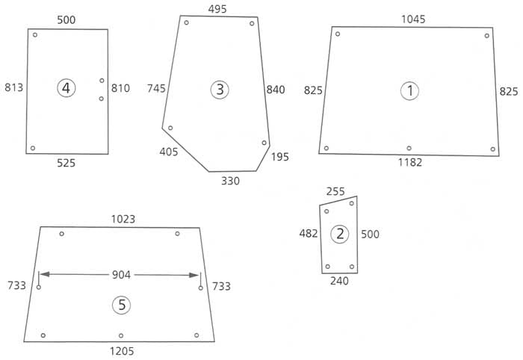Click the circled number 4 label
(x=66, y=88)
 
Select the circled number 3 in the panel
(x=220, y=90)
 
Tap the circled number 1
(x=409, y=90)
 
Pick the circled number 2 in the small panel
(x=339, y=234)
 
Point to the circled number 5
(x=121, y=305)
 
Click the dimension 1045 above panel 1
(x=413, y=19)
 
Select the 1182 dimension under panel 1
(x=410, y=162)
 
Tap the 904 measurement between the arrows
(x=121, y=275)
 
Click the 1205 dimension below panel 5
(x=122, y=351)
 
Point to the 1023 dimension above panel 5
(x=123, y=219)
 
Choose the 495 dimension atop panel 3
(x=217, y=9)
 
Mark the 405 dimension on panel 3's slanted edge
(x=169, y=152)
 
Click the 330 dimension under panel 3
(x=230, y=181)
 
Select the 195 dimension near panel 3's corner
(x=280, y=157)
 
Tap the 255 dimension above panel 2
(x=335, y=192)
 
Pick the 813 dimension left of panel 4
(x=14, y=87)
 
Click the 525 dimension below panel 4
(x=66, y=163)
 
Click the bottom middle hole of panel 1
(x=409, y=148)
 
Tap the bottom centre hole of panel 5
(x=121, y=335)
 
